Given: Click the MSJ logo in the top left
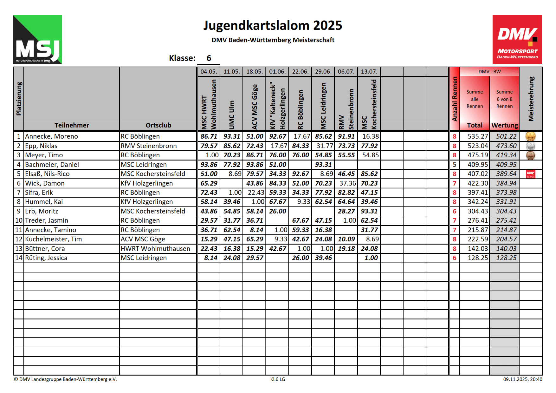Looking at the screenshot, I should (x=37, y=40).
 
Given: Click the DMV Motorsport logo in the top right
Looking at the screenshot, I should (x=517, y=40).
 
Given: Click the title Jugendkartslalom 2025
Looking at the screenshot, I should (x=273, y=25).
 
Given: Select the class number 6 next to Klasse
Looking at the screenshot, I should (x=209, y=58).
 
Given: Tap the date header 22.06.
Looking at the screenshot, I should (x=300, y=72).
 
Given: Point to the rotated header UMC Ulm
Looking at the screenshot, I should (x=232, y=115).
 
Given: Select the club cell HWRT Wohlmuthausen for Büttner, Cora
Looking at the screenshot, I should (x=155, y=249).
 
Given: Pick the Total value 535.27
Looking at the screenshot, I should (x=477, y=136).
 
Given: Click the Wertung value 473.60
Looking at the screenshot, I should (x=506, y=146).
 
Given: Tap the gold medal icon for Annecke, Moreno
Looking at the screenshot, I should (x=530, y=136).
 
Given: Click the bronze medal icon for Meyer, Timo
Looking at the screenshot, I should (x=530, y=155).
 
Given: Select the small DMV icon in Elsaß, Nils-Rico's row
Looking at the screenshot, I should (x=530, y=174).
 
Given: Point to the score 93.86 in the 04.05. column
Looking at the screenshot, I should (x=209, y=165).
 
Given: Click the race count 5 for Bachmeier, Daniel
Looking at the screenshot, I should (x=454, y=165).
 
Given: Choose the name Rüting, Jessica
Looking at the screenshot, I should (x=46, y=258).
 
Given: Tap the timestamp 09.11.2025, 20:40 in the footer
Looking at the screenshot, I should (x=522, y=379).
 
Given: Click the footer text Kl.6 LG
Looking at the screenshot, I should (x=277, y=379).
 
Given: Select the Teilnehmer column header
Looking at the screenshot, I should (x=72, y=125).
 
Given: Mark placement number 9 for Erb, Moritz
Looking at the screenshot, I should (x=19, y=211).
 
